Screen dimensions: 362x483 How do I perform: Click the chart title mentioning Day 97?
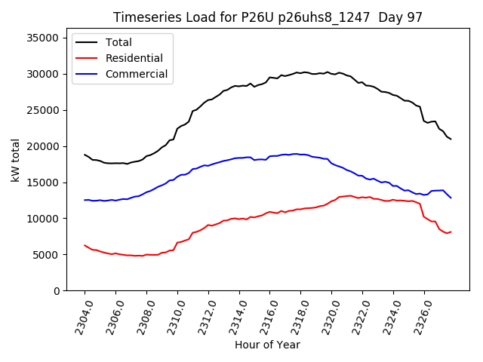tap(268, 17)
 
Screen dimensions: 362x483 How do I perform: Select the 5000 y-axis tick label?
tap(48, 255)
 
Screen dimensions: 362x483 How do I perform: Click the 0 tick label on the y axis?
tap(57, 291)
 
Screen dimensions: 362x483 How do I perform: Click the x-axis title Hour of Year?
tap(267, 345)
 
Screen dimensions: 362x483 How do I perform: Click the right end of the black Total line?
tap(451, 139)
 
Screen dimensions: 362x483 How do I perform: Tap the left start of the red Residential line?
tap(85, 245)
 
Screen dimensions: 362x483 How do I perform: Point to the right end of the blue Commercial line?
tap(451, 198)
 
